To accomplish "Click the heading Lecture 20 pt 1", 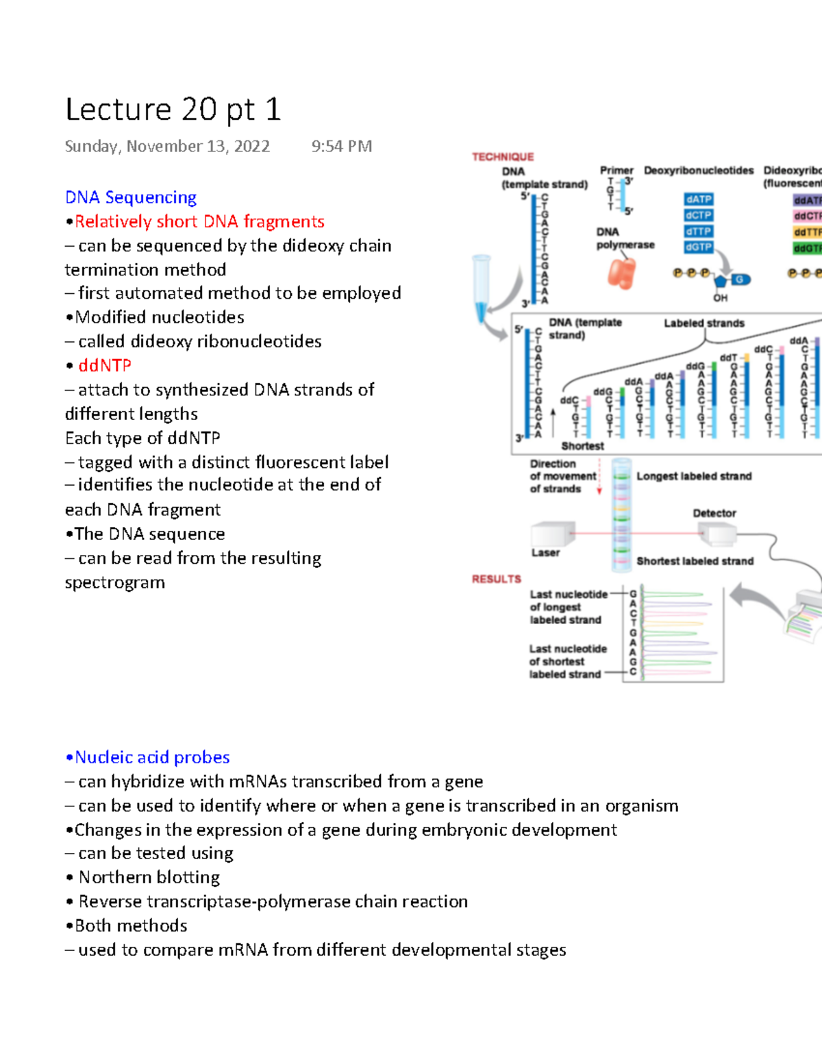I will (173, 110).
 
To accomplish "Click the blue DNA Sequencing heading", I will (131, 197).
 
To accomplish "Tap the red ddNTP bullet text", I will (104, 365).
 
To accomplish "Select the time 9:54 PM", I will (341, 146).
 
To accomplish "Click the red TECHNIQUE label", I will (503, 157).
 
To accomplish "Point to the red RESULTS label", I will (496, 579).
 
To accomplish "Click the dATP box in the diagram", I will (698, 199).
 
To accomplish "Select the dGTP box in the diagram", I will (698, 247).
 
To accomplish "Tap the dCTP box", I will (698, 215).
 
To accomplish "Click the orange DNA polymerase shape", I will (622, 273).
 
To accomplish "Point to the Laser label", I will (545, 553).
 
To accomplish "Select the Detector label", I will (714, 513).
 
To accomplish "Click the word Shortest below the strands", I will (582, 446).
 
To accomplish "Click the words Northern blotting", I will (149, 877).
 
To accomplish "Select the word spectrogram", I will (115, 582).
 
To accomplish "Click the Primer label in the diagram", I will (616, 170).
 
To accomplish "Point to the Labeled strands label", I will (703, 323).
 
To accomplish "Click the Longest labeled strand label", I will (694, 476).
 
